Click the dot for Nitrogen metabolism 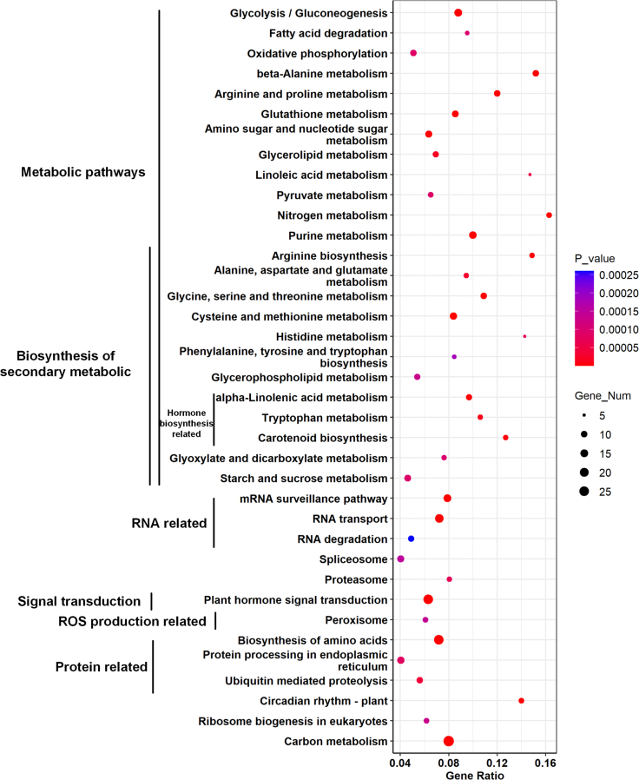[549, 215]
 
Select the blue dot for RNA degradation [412, 539]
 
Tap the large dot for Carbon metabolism [448, 741]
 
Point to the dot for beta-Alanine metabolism [536, 74]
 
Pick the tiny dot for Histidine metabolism [524, 336]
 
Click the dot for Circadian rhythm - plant [521, 700]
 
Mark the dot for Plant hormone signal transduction [428, 599]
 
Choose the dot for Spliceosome [401, 559]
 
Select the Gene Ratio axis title [472, 773]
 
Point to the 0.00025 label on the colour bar [617, 275]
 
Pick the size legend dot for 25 [584, 491]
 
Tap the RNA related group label [168, 523]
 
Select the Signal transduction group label [79, 601]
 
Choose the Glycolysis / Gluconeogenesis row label [308, 13]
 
